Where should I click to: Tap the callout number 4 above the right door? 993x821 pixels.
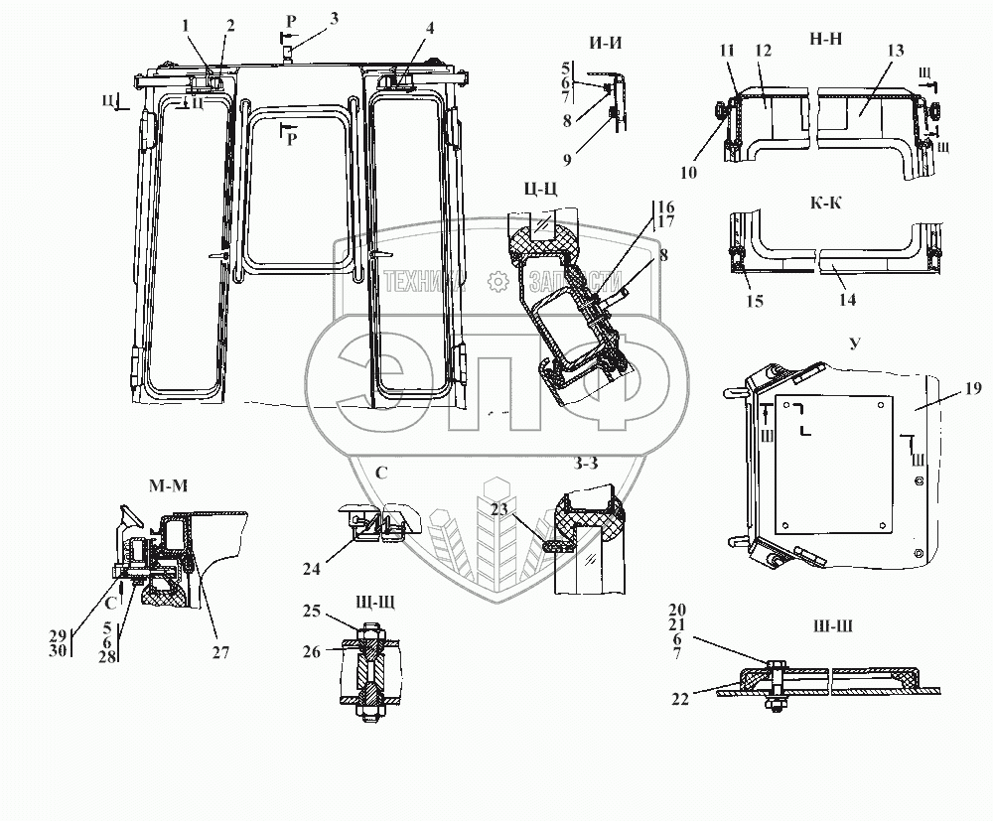(x=430, y=27)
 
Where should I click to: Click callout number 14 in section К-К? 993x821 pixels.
(x=847, y=298)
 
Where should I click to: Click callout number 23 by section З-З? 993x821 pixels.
(x=497, y=509)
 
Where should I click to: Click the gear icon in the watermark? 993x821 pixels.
(x=496, y=281)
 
